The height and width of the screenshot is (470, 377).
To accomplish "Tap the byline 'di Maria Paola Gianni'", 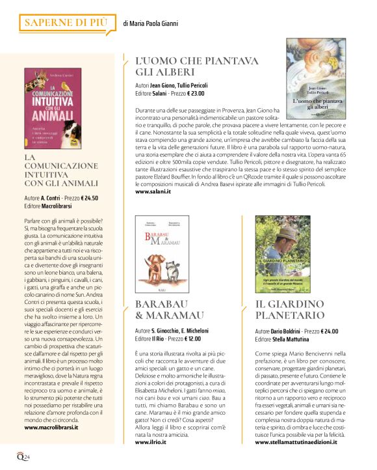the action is [150, 24].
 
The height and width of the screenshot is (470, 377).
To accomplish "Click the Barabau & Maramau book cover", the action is [162, 254].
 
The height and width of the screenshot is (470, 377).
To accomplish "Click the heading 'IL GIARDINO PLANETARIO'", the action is [291, 310].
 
